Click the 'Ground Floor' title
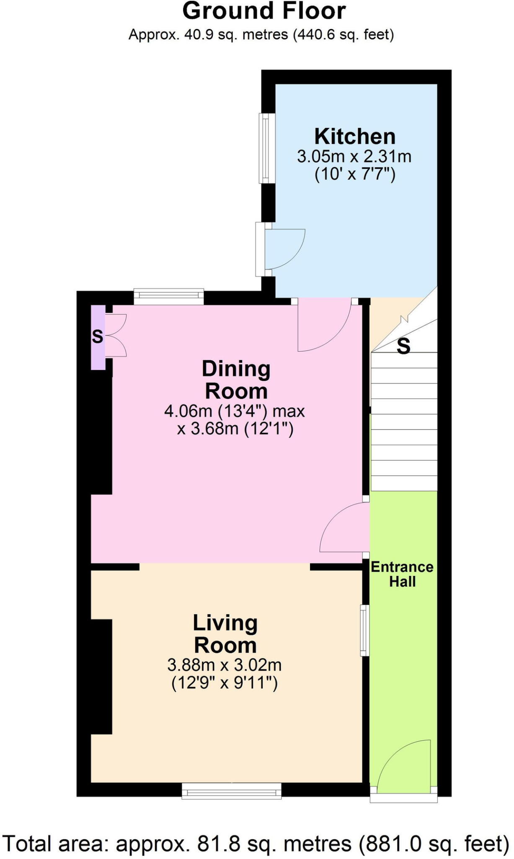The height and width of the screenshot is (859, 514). pos(264,11)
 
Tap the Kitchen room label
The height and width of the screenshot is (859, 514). pos(355,136)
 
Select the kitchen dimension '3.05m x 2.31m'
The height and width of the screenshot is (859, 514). pos(354,156)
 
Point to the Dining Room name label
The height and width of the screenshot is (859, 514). pos(236,380)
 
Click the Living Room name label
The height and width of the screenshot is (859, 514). pos(225,634)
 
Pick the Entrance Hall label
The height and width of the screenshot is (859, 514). pos(402,574)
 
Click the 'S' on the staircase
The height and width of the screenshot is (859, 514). pos(403,346)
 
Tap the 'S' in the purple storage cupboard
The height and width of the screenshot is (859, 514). pos(98,336)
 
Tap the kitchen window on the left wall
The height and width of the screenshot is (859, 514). pos(266,148)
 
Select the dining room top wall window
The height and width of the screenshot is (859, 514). pos(169,297)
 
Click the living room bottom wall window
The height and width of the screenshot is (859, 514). pos(232,791)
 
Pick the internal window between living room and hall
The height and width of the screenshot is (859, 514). pos(365,630)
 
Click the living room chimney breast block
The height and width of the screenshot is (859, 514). pos(101,677)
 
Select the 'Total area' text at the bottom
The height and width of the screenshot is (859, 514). pos(256,843)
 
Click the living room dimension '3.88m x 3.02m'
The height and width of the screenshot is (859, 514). pos(225,665)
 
